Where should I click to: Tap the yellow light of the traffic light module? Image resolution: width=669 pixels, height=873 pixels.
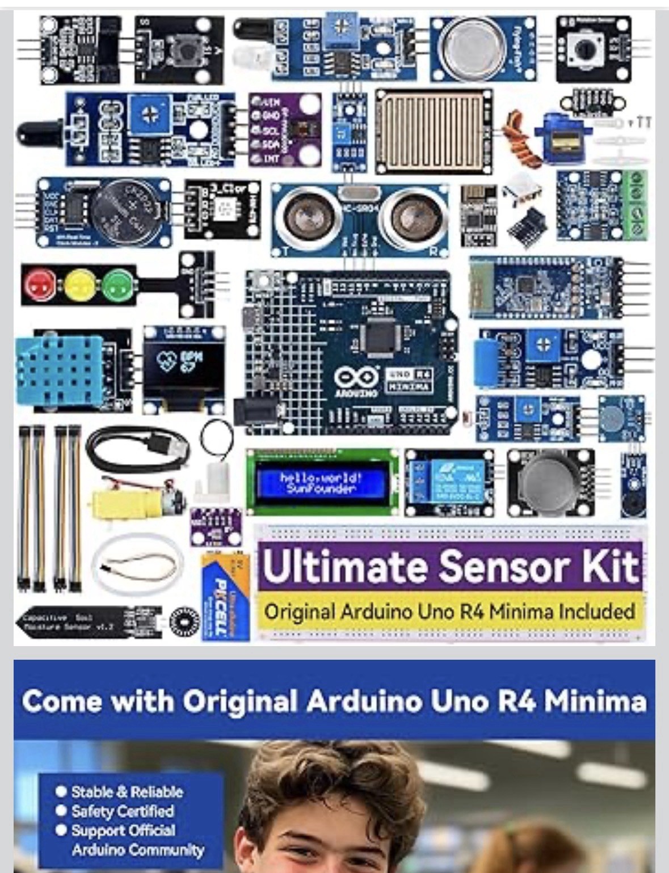click(x=79, y=284)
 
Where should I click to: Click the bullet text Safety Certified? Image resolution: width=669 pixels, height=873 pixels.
click(x=122, y=811)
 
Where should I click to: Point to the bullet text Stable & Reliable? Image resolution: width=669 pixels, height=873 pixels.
click(x=127, y=792)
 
